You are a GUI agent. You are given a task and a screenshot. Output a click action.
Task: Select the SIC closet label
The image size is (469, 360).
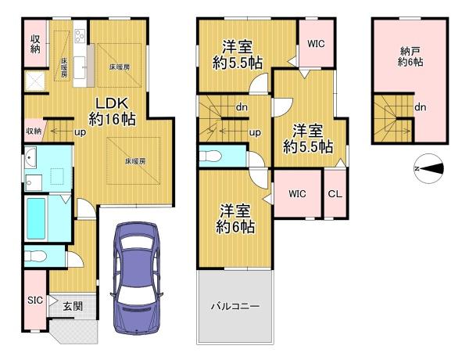pyautogui.click(x=34, y=300)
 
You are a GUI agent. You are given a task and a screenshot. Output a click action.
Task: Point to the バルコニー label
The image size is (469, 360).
pyautogui.click(x=235, y=306)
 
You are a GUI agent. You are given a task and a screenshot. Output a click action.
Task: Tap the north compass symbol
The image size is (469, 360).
pyautogui.click(x=428, y=168)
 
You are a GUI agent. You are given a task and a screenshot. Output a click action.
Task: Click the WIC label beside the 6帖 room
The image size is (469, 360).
pyautogui.click(x=297, y=193)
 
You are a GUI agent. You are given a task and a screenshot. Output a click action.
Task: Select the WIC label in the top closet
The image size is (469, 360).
pyautogui.click(x=317, y=45)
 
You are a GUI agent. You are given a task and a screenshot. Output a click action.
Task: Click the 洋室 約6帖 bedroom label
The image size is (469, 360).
pyautogui.click(x=236, y=218)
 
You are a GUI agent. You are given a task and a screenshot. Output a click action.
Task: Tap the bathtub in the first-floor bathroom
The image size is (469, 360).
pyautogui.click(x=36, y=218)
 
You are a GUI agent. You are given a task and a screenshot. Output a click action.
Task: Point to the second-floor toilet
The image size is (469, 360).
pyautogui.click(x=212, y=157)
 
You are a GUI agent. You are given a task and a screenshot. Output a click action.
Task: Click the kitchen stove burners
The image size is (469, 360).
pyautogui.click(x=80, y=36)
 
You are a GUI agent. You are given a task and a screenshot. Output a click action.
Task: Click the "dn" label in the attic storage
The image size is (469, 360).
pyautogui.click(x=421, y=107)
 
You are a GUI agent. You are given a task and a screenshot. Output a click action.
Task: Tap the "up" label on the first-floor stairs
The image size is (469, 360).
pyautogui.click(x=80, y=131)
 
